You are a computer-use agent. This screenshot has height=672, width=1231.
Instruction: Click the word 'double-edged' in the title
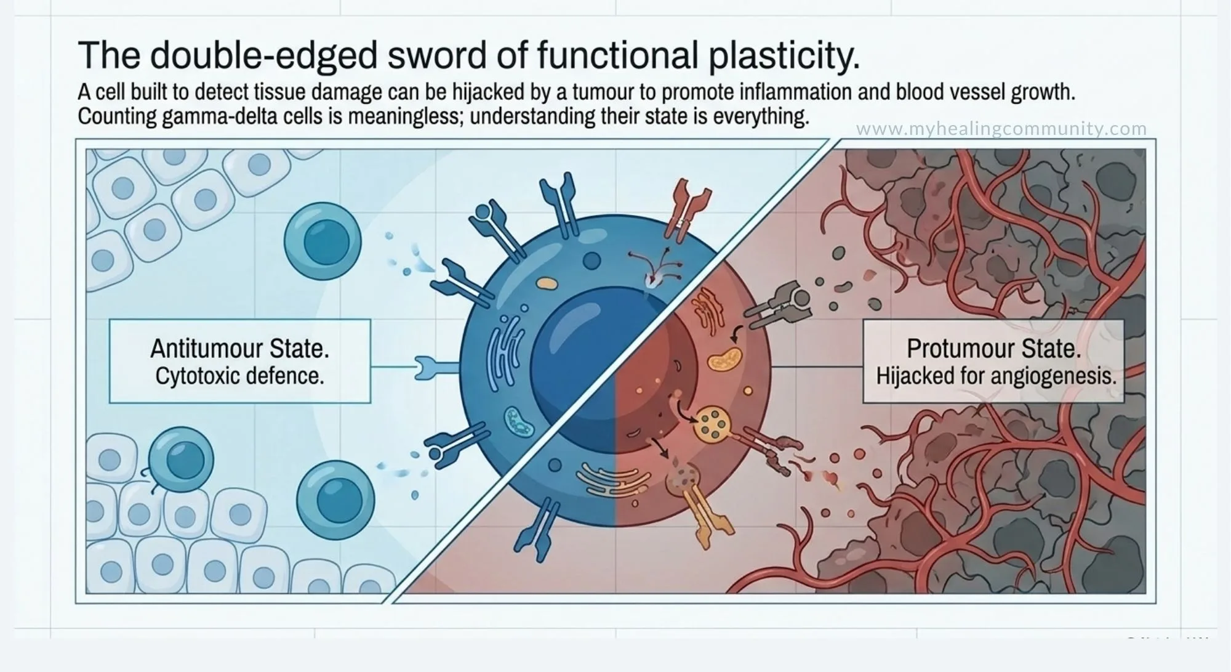(263, 55)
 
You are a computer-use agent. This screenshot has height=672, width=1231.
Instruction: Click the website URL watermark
(1001, 129)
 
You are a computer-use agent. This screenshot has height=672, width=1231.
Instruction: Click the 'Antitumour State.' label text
(240, 349)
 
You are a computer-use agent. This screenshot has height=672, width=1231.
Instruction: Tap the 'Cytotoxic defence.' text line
(239, 376)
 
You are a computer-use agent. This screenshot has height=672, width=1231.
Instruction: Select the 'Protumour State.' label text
(994, 349)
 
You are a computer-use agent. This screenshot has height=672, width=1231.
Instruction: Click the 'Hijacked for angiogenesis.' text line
(996, 376)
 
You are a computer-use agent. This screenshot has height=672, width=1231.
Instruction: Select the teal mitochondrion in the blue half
(519, 421)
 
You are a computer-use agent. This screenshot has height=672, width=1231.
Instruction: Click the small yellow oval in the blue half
(547, 283)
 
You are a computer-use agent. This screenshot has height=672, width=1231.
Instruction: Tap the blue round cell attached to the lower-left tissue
(181, 461)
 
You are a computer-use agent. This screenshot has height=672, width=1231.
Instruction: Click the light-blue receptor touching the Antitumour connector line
(436, 368)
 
